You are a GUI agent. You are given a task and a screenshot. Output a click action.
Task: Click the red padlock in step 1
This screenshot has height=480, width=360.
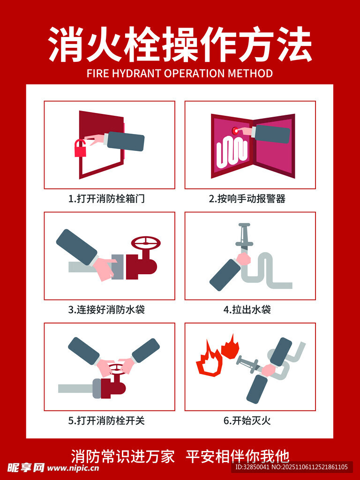click(x=80, y=149)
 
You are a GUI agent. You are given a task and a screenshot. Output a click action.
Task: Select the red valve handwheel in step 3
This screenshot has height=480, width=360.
click(x=146, y=243)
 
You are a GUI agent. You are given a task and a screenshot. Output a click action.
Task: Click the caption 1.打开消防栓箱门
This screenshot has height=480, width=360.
click(x=106, y=199)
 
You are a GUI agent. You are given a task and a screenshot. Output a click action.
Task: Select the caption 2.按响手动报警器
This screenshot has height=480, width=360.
click(x=247, y=199)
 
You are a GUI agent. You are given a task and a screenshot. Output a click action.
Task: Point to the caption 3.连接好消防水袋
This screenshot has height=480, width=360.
click(x=106, y=310)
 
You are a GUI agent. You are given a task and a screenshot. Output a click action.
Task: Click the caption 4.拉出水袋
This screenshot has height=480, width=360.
click(x=247, y=310)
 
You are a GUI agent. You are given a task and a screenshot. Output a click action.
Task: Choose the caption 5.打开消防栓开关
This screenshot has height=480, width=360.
click(x=106, y=420)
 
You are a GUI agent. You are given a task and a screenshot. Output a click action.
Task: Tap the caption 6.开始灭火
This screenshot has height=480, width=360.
click(x=247, y=420)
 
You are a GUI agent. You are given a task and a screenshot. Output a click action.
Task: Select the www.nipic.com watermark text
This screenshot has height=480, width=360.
click(x=73, y=468)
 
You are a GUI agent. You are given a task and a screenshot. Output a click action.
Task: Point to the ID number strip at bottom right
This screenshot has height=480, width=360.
click(x=291, y=467)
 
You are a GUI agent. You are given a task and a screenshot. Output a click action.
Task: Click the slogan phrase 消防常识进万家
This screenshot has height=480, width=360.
click(x=123, y=456)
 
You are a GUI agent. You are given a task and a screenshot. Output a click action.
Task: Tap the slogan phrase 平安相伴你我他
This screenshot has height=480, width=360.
click(x=238, y=456)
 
